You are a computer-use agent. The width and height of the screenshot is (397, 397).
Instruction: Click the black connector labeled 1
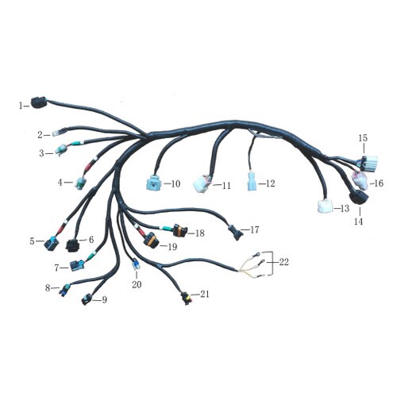tap(39, 102)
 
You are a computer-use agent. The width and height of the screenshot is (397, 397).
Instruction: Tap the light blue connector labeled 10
tap(155, 182)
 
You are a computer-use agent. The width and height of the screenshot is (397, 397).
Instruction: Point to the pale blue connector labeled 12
tap(252, 181)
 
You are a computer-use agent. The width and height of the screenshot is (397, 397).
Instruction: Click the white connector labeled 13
tap(325, 206)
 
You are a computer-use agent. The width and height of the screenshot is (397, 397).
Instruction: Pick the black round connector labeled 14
tap(359, 197)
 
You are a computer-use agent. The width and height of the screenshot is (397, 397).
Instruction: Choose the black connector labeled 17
tap(236, 232)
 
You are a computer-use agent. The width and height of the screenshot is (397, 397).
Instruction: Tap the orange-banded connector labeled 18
tap(179, 230)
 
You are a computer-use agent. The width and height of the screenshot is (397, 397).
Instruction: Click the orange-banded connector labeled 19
tap(150, 240)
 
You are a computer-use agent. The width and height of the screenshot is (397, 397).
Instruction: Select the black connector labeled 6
tap(72, 245)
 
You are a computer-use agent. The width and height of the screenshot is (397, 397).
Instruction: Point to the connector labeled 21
tap(186, 298)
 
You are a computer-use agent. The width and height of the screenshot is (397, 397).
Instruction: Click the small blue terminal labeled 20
tap(136, 265)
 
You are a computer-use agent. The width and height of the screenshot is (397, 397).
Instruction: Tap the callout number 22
tap(283, 262)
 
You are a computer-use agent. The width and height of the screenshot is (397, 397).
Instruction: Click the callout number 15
tap(363, 138)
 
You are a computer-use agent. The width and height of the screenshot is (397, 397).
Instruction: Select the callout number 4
tap(60, 183)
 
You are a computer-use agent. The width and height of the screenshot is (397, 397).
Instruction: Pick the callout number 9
tap(105, 300)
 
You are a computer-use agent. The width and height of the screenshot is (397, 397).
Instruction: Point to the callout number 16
tap(379, 183)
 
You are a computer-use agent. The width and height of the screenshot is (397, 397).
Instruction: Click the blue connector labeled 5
tap(52, 243)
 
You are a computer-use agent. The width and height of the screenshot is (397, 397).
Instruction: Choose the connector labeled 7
tap(77, 265)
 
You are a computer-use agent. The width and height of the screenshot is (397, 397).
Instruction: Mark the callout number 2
tap(40, 135)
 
